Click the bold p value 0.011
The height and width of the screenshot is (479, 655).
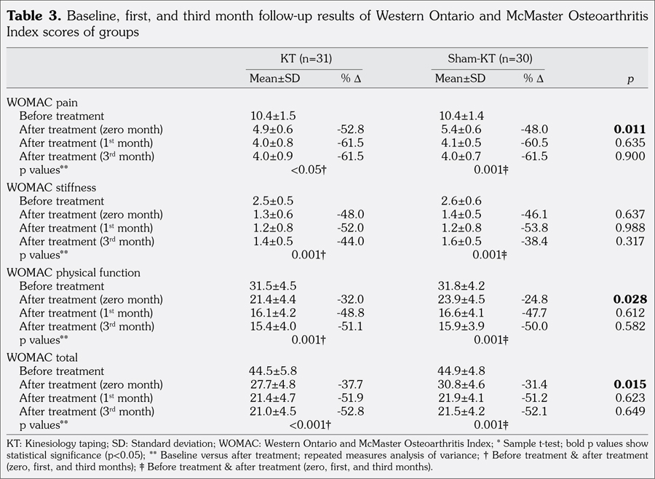click(630, 130)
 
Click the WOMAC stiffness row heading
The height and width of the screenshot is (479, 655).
click(52, 187)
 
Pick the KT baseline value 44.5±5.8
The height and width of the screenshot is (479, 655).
click(273, 371)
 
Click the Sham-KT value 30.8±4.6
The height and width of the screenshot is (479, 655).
click(461, 385)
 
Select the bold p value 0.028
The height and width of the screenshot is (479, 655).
click(630, 300)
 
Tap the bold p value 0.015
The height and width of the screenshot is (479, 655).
click(630, 385)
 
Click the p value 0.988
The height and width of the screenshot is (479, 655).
click(630, 228)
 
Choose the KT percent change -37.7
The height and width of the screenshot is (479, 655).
click(350, 385)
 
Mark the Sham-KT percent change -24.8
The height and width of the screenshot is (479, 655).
click(534, 300)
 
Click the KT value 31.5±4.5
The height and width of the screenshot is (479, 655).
click(273, 286)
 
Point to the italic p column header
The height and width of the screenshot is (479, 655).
click(630, 79)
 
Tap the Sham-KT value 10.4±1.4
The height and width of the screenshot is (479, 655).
click(461, 116)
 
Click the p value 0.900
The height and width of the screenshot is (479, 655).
click(630, 156)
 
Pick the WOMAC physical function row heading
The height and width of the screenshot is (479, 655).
click(74, 272)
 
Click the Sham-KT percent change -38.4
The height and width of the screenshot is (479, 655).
click(534, 241)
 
